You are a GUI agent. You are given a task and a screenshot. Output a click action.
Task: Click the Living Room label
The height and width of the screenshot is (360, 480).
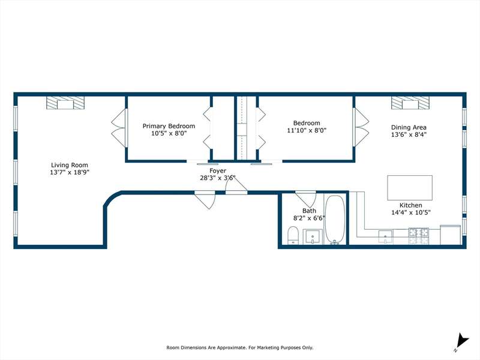(70, 165)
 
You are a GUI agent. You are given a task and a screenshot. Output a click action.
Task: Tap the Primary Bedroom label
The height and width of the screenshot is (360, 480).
(169, 126)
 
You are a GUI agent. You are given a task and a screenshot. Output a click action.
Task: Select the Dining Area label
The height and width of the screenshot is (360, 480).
(409, 127)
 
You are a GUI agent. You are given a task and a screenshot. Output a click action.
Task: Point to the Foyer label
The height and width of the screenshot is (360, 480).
(218, 171)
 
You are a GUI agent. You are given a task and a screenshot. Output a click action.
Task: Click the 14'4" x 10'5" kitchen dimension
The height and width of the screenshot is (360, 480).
(411, 212)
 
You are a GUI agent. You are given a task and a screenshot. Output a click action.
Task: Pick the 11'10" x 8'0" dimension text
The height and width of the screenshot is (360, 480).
(307, 130)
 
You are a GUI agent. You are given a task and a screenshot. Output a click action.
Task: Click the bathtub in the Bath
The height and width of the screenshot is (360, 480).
(335, 220)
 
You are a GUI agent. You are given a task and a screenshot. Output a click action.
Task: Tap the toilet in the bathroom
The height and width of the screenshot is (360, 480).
(293, 235)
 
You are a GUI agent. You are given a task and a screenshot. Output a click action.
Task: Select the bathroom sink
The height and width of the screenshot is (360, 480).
(313, 237)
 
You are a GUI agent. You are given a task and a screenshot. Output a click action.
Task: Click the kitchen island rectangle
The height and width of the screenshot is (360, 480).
(410, 188)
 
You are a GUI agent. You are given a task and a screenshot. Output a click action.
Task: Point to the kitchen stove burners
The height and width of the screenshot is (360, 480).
(419, 236)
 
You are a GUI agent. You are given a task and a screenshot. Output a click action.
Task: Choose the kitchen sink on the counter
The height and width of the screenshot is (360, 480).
(385, 237)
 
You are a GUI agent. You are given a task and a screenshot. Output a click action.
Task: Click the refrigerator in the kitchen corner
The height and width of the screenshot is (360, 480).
(451, 235)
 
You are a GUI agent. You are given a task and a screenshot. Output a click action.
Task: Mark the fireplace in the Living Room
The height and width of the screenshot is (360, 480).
(65, 103)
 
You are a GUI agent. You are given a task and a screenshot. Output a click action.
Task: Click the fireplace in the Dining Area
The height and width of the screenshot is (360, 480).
(410, 103)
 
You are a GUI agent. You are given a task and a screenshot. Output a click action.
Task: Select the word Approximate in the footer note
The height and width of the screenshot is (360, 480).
(230, 347)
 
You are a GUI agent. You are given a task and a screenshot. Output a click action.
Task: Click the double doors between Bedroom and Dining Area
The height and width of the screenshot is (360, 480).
(361, 127)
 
